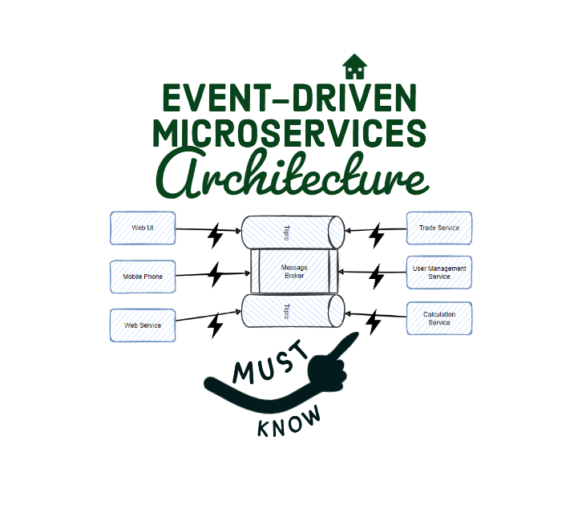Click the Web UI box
[142, 228]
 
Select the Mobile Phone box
[142, 277]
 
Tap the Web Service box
[142, 325]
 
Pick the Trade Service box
[439, 228]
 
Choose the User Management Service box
[439, 273]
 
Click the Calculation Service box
[439, 318]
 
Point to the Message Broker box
[293, 271]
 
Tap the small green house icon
[354, 64]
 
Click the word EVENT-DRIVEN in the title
[289, 99]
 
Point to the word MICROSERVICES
[289, 132]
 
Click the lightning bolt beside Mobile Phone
[215, 274]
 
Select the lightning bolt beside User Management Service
[375, 277]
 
